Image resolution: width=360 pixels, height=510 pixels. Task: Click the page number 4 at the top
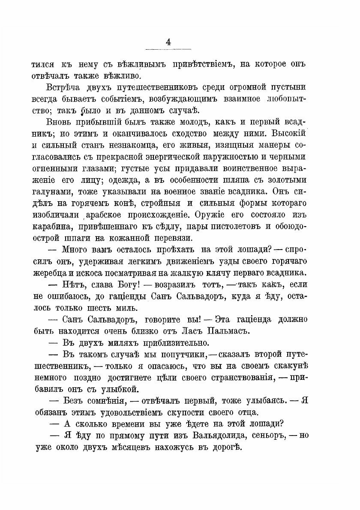pos(168,42)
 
